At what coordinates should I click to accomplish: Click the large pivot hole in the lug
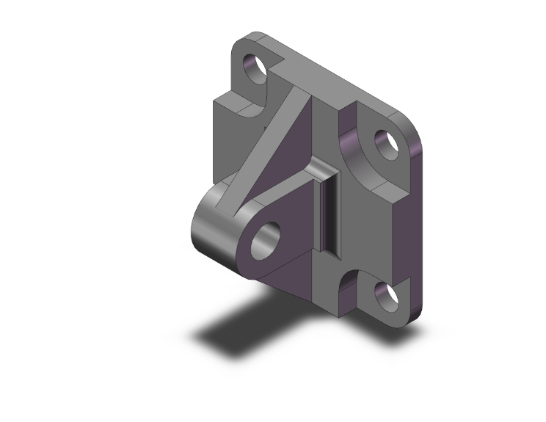click(x=266, y=240)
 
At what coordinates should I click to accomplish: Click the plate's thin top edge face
click(x=330, y=73)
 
